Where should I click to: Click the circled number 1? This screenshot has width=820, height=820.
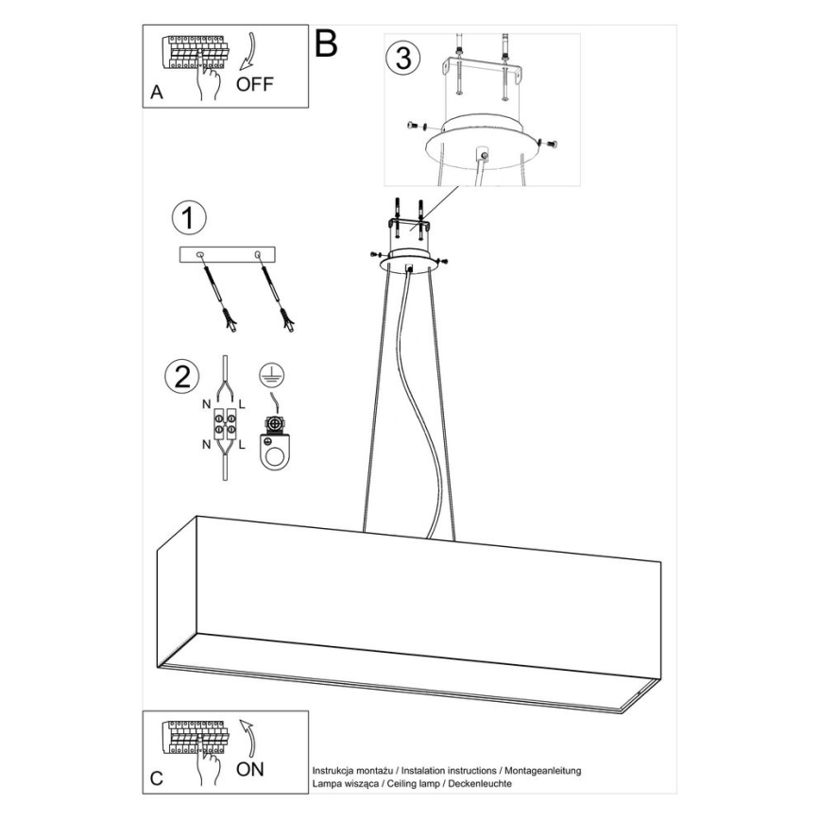point(188,218)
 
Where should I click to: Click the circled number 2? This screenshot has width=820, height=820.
point(181,376)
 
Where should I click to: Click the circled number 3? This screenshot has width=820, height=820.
point(401,58)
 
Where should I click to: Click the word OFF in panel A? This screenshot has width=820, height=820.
point(254,84)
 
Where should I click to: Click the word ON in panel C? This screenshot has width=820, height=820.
point(249,769)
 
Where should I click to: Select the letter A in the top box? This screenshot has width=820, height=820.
point(156,93)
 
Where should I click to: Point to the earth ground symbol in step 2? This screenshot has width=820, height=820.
point(271,373)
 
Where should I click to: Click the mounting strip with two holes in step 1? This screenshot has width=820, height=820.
point(227,255)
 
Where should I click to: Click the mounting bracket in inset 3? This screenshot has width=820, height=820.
point(484,72)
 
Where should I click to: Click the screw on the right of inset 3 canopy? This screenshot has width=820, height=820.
point(551,143)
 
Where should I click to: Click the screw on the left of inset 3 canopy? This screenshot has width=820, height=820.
point(412,125)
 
